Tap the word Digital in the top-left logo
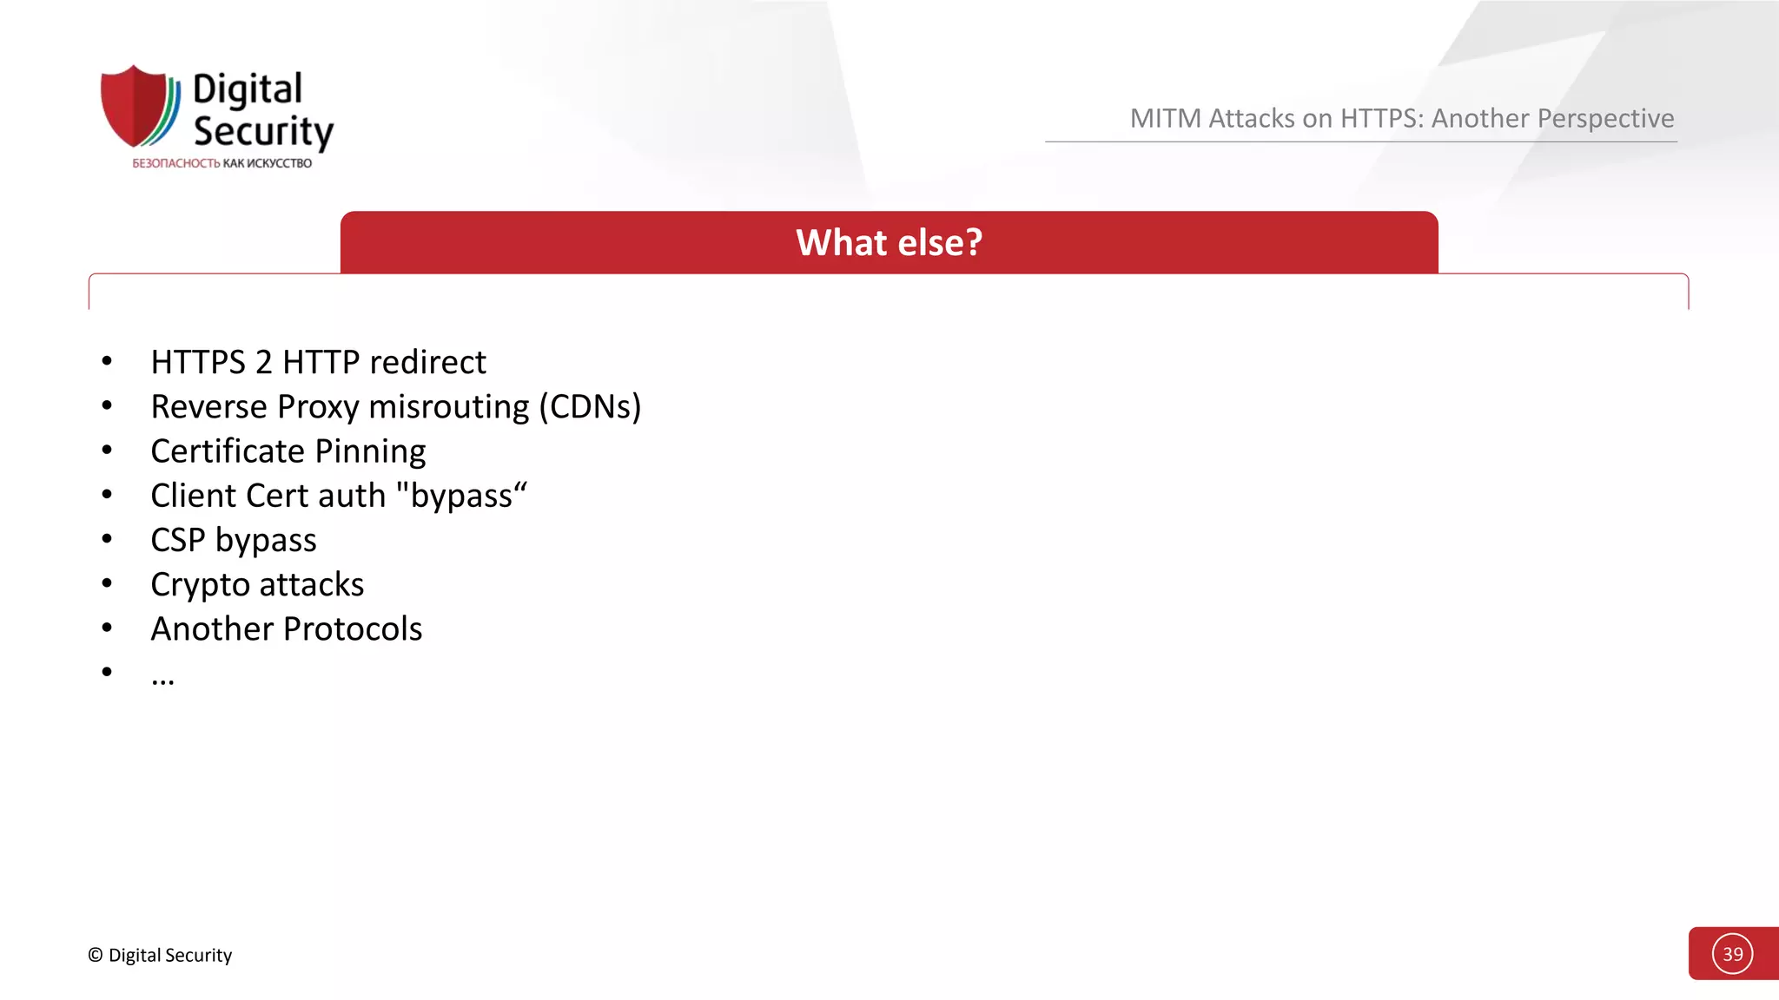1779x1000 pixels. point(248,89)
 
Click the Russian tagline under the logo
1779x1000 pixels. point(222,163)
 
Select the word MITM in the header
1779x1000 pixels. point(1165,118)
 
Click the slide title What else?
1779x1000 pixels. point(889,242)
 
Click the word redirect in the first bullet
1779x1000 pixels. point(428,362)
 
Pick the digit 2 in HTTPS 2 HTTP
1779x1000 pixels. point(264,362)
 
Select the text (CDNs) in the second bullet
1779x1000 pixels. point(590,406)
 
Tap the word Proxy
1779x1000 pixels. point(318,406)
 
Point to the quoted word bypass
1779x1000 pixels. point(461,496)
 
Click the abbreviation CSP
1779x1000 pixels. point(178,540)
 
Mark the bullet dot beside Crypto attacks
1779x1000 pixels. point(107,583)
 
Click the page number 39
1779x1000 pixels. point(1732,954)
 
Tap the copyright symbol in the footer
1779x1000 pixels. point(96,955)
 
